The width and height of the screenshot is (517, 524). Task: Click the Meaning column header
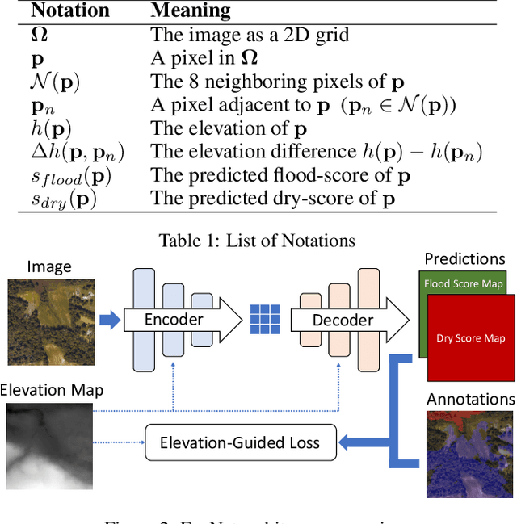click(190, 11)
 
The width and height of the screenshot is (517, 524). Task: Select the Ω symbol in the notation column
click(40, 36)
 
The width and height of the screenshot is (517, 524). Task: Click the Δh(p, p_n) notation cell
click(72, 153)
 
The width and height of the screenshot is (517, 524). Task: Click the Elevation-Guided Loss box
click(239, 442)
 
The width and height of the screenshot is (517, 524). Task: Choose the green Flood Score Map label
click(463, 283)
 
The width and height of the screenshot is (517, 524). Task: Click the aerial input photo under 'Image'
click(50, 320)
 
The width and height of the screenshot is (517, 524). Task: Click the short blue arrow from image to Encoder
click(108, 320)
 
